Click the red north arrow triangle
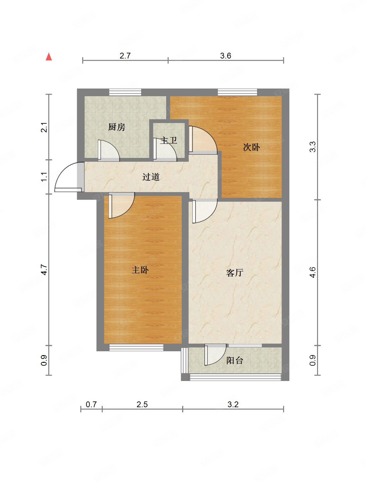tap(49, 57)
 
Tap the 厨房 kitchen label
tap(116, 127)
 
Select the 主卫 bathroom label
tap(168, 140)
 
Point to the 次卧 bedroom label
tap(251, 147)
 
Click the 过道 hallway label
tap(151, 177)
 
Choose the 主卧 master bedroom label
tap(140, 270)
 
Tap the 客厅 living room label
tap(235, 273)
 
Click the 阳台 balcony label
tap(235, 361)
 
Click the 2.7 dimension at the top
tap(125, 56)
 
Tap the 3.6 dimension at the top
tap(226, 56)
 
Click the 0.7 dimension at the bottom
tap(91, 404)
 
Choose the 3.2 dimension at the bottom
tap(233, 404)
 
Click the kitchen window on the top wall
tap(125, 92)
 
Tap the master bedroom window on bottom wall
tap(136, 347)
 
